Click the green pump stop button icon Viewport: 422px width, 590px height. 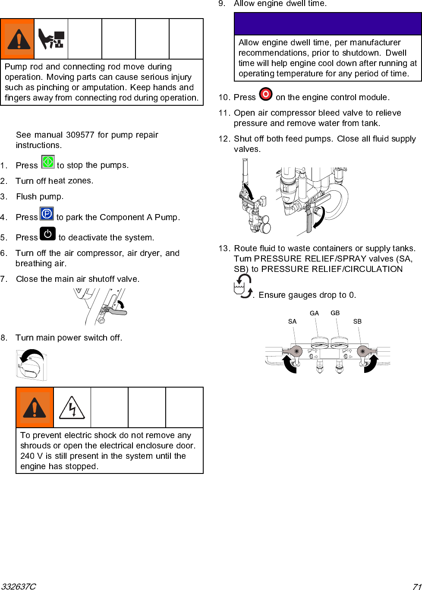pos(48,162)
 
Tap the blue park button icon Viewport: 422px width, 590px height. pos(47,214)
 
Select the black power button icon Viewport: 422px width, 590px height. pos(47,234)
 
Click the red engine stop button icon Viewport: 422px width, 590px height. pos(266,94)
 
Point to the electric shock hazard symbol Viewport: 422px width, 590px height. pos(72,407)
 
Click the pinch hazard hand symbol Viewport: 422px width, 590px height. pos(51,39)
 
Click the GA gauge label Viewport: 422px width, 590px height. pos(314,313)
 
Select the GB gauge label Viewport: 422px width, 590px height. pos(335,313)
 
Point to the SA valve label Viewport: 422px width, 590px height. pos(292,322)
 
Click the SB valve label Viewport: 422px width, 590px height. pos(357,322)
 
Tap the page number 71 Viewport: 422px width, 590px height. pos(416,586)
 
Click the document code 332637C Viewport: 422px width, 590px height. pos(19,586)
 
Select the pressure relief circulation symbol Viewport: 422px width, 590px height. pos(243,286)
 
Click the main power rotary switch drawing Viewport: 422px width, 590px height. pos(31,365)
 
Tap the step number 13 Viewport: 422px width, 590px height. pos(224,248)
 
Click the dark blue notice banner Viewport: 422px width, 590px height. pos(328,24)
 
